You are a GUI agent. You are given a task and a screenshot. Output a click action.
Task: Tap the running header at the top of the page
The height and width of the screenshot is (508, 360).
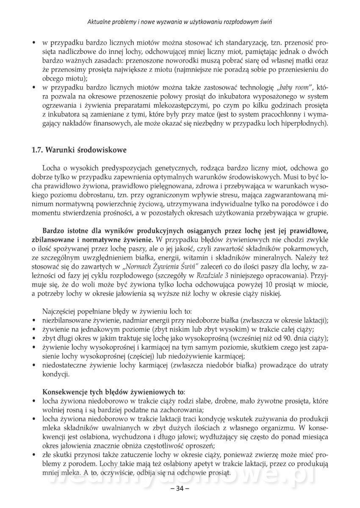tap(180, 22)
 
